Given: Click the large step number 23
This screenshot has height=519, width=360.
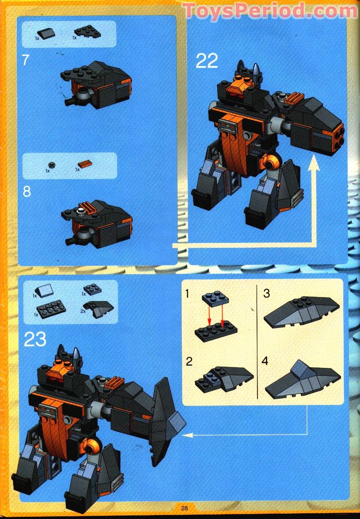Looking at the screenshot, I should point(35,339).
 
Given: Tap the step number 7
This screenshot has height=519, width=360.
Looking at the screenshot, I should point(26,59).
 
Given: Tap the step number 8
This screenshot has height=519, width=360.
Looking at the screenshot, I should point(27,192).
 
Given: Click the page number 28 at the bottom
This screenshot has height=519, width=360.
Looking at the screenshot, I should point(184,508).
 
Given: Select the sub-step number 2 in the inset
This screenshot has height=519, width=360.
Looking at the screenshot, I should point(189,362).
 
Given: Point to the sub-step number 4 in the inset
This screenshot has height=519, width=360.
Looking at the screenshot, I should point(265,362).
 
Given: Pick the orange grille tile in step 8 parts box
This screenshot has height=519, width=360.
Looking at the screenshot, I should point(85,164).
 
